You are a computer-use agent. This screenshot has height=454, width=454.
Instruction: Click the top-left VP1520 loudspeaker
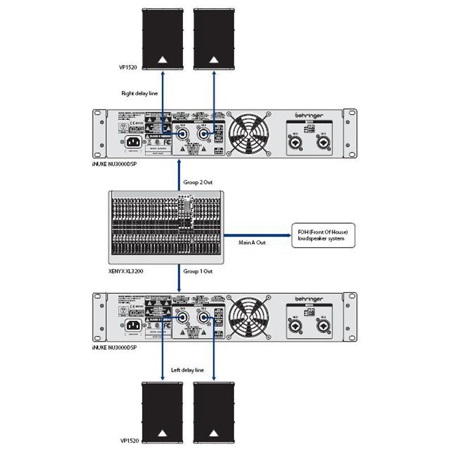[x=163, y=38]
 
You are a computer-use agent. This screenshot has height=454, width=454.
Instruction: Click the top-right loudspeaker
[x=213, y=38]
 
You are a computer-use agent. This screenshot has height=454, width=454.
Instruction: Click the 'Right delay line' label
[x=139, y=93]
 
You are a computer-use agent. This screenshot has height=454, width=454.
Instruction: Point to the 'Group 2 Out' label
[x=197, y=183]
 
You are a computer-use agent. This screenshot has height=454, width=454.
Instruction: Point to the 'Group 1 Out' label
[x=197, y=272]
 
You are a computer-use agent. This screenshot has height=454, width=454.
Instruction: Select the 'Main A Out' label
[x=251, y=242]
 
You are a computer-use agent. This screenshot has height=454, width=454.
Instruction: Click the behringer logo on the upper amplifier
[x=310, y=115]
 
